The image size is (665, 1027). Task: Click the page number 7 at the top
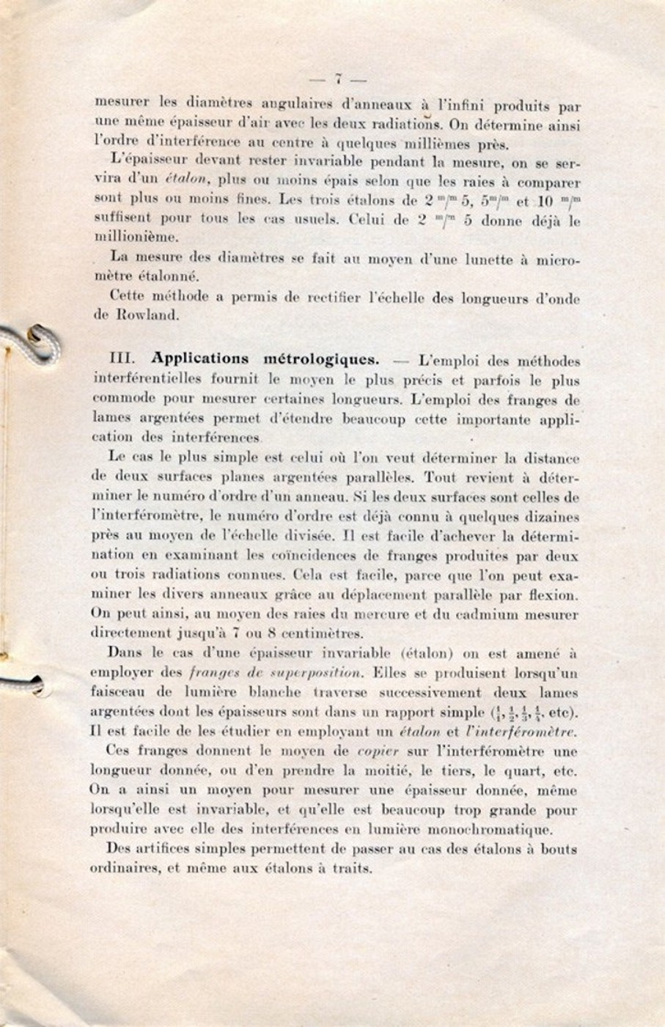[338, 78]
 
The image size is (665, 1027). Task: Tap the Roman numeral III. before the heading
[122, 359]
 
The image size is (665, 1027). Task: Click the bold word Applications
[200, 359]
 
